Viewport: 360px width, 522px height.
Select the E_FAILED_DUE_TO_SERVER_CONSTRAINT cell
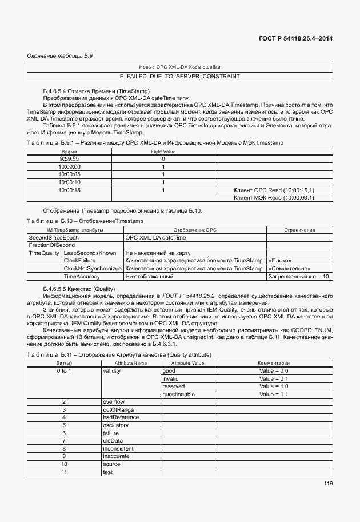coord(179,76)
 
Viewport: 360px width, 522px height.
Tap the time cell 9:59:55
coord(69,158)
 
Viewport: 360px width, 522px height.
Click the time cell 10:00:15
coord(69,190)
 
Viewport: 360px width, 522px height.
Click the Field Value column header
coord(163,151)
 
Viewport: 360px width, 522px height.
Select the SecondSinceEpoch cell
coord(52,237)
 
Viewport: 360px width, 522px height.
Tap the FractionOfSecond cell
coord(52,245)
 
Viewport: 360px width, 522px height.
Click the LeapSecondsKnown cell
coord(90,253)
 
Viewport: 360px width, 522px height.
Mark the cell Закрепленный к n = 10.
coord(299,276)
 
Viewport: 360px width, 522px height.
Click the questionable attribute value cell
coord(178,395)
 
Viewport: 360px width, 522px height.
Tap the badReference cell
coord(121,417)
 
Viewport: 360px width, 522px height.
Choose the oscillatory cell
coord(116,425)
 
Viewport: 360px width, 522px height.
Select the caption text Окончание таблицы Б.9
coord(56,55)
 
